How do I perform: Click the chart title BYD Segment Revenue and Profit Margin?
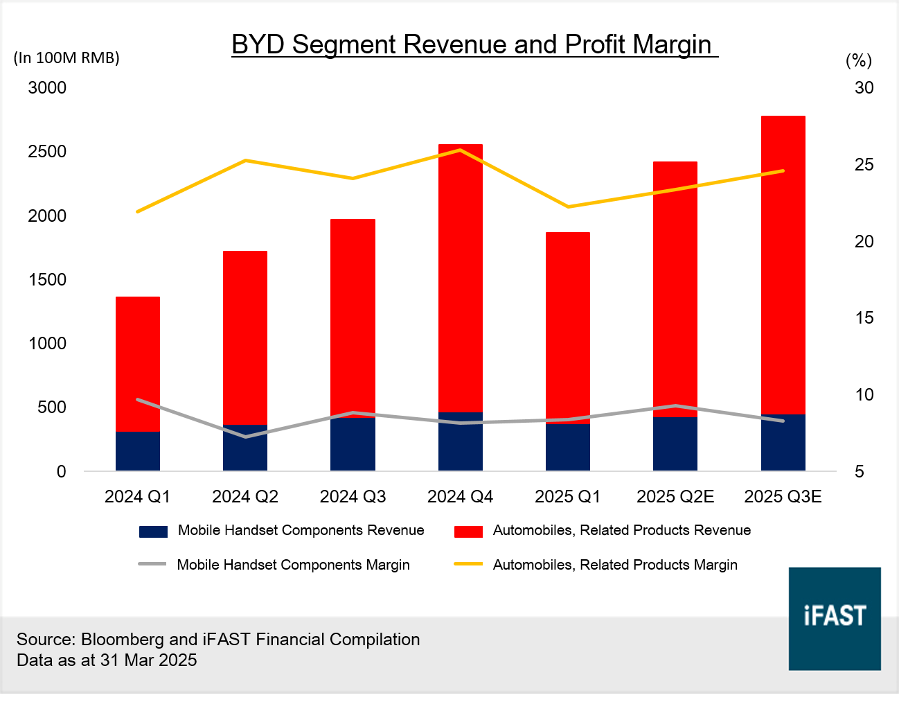pos(474,44)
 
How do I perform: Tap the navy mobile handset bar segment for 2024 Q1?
pos(138,451)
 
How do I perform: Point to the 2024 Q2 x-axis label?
pos(245,496)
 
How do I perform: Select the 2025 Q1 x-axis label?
pos(568,496)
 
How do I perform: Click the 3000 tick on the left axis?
pos(47,88)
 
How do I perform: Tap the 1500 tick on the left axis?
pos(47,279)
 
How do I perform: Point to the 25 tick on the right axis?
pos(864,165)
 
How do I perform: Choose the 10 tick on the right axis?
pos(864,395)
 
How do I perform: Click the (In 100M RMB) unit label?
pos(66,58)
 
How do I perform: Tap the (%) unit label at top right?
pos(859,61)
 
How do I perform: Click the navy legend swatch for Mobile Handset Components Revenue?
pos(153,532)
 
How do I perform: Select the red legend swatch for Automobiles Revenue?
pos(468,532)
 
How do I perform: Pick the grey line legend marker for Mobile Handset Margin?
pos(152,564)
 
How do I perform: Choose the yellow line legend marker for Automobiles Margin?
pos(468,564)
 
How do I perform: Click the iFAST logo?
pos(835,618)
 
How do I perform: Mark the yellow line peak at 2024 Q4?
pos(461,150)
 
